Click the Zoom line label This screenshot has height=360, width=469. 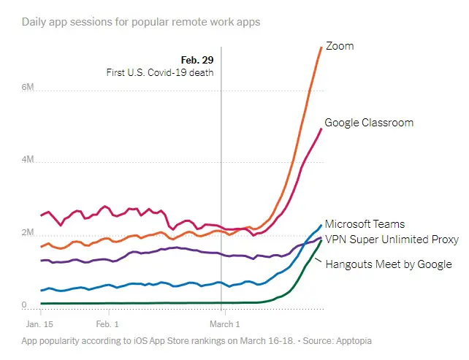click(339, 46)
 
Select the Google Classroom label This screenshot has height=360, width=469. click(369, 123)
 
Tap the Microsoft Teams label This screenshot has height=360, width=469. click(365, 224)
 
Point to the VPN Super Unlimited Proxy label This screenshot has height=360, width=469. click(392, 240)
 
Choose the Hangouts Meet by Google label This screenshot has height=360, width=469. click(388, 264)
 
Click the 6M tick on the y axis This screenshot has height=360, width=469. click(28, 87)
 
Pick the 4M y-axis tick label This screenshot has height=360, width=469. click(28, 161)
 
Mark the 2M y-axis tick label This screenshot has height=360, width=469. click(28, 233)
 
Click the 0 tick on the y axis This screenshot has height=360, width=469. click(24, 306)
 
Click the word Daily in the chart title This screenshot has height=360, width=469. click(34, 22)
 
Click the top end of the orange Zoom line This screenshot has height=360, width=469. click(321, 47)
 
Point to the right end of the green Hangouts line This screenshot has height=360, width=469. click(321, 240)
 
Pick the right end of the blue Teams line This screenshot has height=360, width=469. click(321, 224)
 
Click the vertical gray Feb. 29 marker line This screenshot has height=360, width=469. click(221, 183)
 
